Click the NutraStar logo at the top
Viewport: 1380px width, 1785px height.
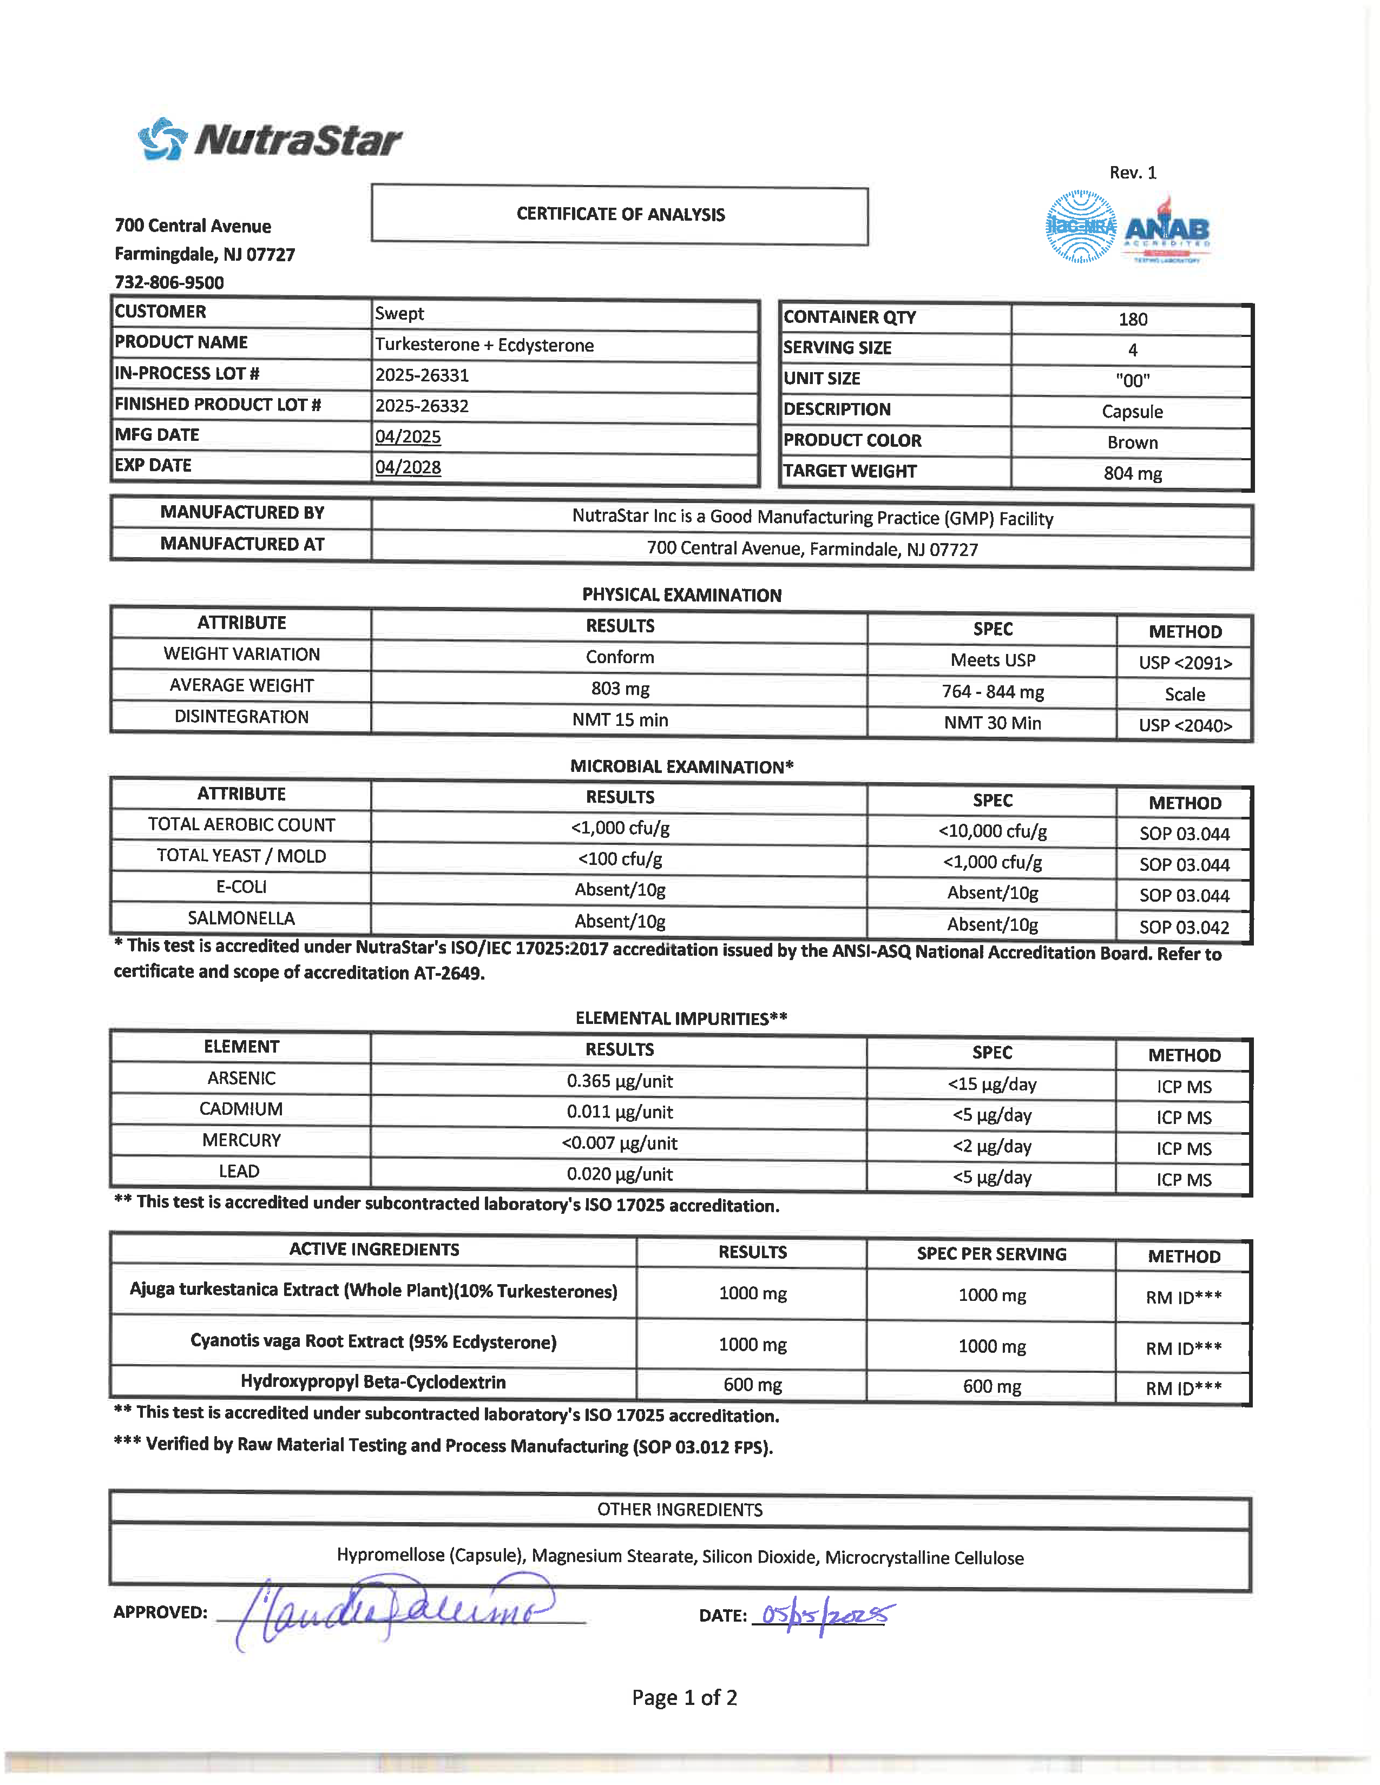click(x=270, y=140)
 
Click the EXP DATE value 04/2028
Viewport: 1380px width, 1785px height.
click(x=408, y=467)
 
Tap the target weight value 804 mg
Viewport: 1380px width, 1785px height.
click(x=1132, y=473)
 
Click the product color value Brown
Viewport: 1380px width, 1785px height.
click(x=1132, y=442)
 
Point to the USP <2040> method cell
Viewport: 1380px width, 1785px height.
click(x=1185, y=725)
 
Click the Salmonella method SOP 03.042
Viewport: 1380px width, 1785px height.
click(x=1184, y=927)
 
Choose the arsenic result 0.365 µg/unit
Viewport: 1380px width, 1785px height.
click(x=620, y=1081)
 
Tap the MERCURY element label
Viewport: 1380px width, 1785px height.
click(x=241, y=1140)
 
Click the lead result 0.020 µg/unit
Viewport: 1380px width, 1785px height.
click(x=620, y=1174)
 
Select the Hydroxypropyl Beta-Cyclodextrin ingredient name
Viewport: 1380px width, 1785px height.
click(x=373, y=1382)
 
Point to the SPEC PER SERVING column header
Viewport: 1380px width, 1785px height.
click(x=991, y=1254)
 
